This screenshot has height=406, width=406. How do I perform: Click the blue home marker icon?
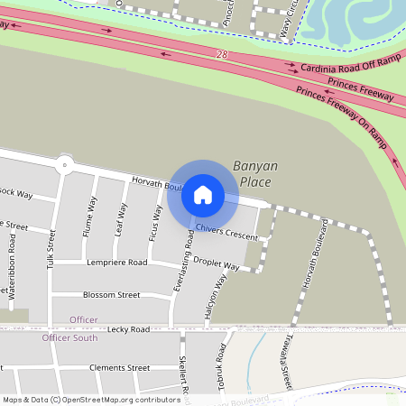(203, 195)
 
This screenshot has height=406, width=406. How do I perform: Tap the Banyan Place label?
(252, 173)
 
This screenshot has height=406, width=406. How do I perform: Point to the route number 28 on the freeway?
(222, 55)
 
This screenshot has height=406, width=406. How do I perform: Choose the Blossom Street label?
(111, 295)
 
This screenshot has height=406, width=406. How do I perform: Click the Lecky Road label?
(128, 330)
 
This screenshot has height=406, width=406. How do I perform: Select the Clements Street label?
(119, 368)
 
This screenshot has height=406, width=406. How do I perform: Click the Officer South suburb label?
(69, 337)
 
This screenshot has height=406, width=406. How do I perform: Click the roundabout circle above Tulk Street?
(63, 164)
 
